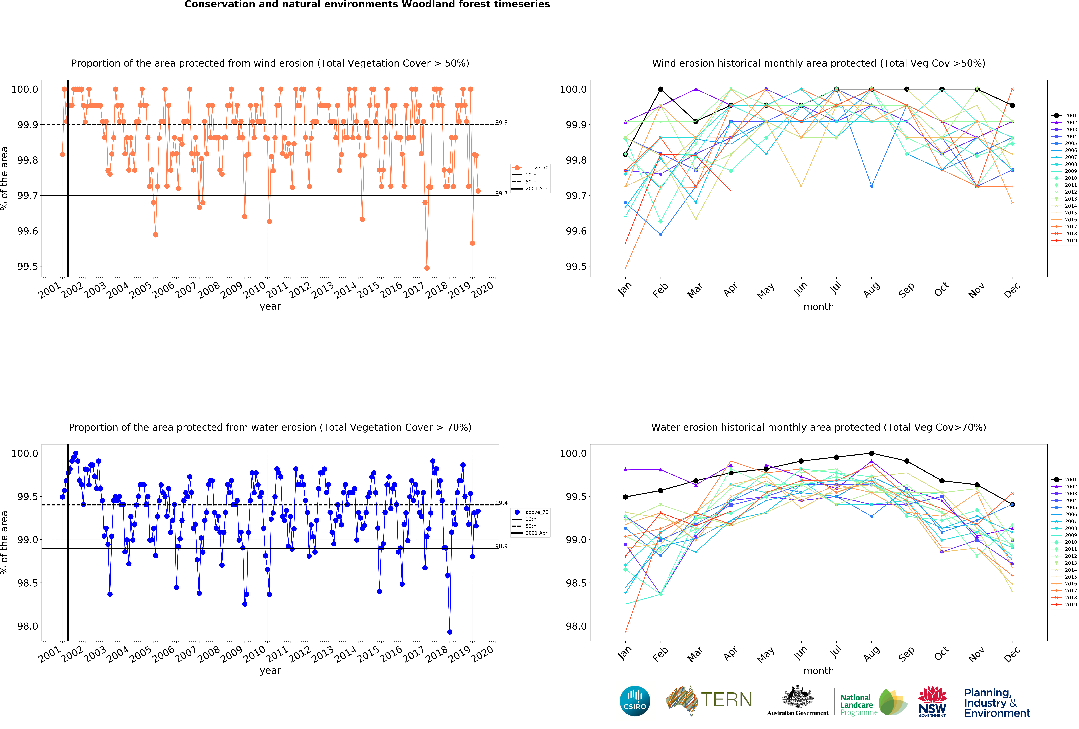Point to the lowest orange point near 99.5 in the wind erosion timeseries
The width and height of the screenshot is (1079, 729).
(427, 268)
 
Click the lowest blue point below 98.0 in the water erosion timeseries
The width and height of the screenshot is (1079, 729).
(449, 632)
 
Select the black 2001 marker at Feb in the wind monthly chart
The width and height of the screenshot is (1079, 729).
(661, 89)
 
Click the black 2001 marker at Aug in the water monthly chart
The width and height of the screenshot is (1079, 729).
(871, 453)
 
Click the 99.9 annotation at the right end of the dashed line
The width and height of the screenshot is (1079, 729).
(501, 123)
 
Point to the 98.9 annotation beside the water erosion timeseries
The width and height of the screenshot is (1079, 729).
(501, 546)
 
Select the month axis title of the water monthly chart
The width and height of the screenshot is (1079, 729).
(819, 670)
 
